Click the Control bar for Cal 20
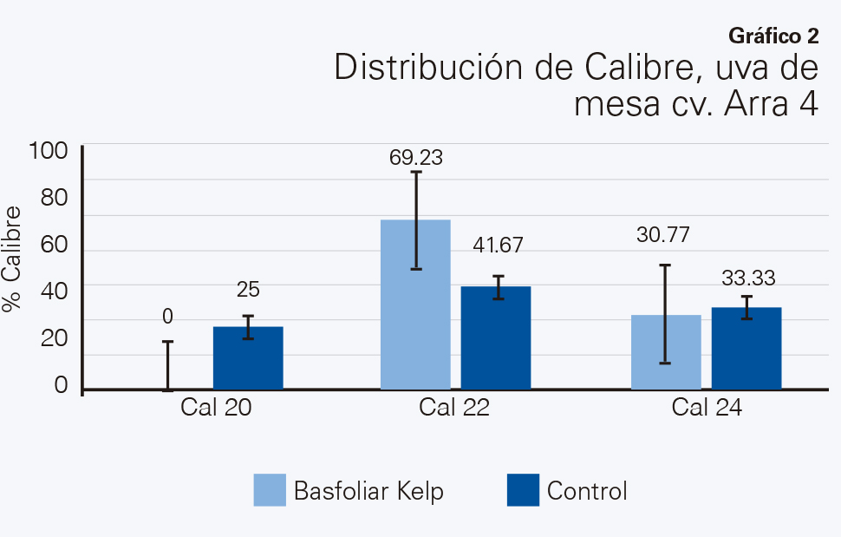(x=248, y=358)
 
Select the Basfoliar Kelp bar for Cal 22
(x=415, y=305)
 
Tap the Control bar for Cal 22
(x=495, y=337)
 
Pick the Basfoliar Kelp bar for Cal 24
(x=666, y=352)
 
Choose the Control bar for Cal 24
(x=746, y=348)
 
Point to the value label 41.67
(x=498, y=246)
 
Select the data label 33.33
(x=748, y=278)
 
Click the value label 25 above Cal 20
(x=248, y=290)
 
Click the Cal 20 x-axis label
(x=217, y=408)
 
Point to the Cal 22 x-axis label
(x=454, y=408)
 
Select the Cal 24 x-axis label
(x=707, y=408)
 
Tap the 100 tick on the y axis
(x=48, y=151)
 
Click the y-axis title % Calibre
(x=12, y=259)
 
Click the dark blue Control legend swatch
(x=521, y=490)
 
